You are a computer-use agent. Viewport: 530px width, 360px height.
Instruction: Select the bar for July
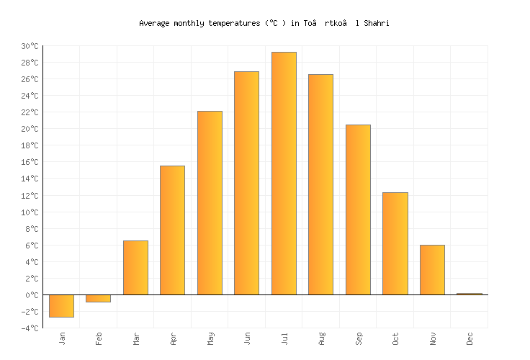click(284, 173)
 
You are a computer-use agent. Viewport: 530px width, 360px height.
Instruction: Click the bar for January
click(61, 305)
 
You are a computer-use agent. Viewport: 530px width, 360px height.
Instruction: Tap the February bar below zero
click(98, 298)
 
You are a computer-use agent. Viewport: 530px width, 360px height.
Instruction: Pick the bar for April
click(172, 230)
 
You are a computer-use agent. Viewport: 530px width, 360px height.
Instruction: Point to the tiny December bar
click(470, 294)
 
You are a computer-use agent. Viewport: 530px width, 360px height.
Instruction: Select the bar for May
click(210, 202)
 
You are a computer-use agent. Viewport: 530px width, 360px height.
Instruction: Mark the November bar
click(432, 269)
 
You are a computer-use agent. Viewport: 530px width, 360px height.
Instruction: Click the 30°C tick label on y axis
click(29, 46)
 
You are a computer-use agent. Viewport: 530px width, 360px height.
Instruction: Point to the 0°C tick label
click(31, 295)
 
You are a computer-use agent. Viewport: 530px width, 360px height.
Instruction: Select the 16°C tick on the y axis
click(29, 162)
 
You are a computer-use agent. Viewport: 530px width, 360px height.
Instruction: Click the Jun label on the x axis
click(247, 338)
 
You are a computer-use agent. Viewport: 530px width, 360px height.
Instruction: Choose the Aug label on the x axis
click(321, 338)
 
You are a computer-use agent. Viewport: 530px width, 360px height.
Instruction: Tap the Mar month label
click(135, 338)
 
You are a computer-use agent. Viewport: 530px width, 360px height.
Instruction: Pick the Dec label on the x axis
click(470, 338)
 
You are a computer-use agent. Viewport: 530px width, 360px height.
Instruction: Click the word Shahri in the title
click(377, 23)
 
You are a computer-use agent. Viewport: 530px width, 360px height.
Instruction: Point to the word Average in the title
click(154, 23)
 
